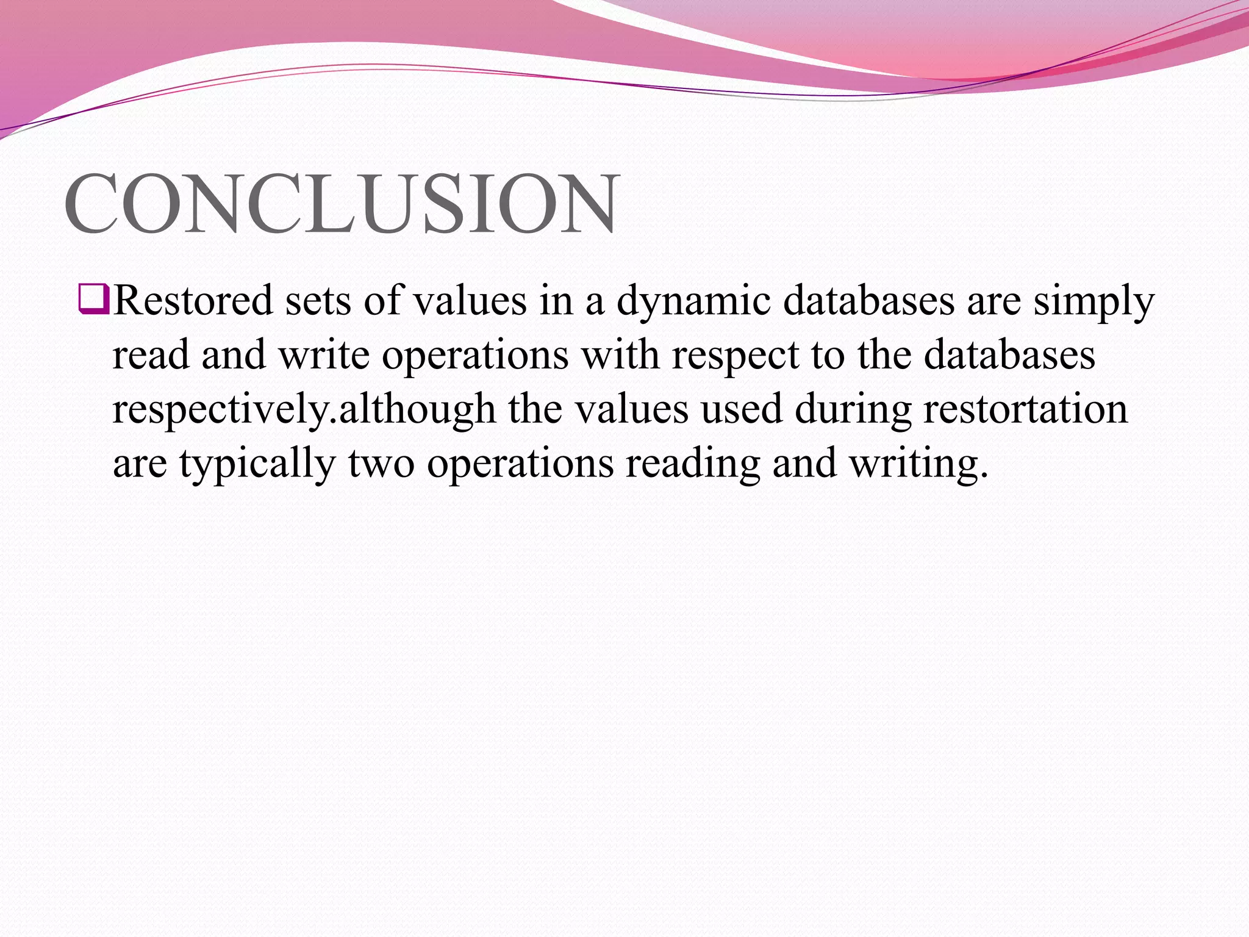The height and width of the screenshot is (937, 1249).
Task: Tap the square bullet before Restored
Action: coord(93,301)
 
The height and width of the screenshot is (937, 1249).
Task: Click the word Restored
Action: coord(193,301)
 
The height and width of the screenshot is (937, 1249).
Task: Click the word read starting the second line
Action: coord(151,355)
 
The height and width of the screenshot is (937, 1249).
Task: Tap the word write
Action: coord(324,355)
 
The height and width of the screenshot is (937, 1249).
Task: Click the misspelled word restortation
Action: coord(1025,409)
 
